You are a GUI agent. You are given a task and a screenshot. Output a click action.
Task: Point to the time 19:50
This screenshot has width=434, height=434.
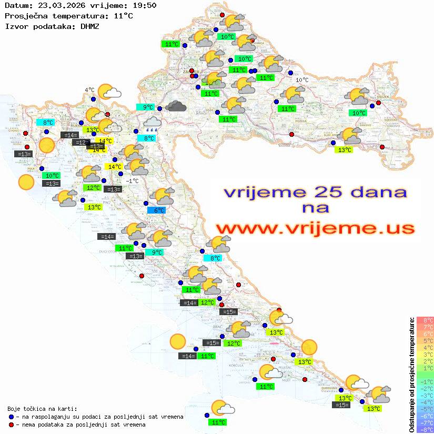pos(144,6)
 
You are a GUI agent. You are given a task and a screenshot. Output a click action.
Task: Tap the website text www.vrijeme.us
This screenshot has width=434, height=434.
pos(315,228)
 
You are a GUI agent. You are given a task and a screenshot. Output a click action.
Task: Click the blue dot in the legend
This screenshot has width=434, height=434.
pos(11,417)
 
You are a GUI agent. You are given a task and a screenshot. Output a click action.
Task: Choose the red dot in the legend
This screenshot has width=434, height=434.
pos(11,425)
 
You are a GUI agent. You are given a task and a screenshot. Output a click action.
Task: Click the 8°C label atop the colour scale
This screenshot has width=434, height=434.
pos(425,320)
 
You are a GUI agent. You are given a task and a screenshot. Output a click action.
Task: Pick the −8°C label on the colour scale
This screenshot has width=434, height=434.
pos(425,429)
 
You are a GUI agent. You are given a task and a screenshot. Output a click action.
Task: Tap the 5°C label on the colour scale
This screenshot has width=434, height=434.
pos(425,341)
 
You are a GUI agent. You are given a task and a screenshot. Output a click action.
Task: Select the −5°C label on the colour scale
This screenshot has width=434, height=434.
pos(425,409)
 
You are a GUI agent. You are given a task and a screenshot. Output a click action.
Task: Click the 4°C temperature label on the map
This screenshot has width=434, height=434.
pos(89,90)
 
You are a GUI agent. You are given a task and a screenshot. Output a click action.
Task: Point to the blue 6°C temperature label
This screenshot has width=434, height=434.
pos(156,210)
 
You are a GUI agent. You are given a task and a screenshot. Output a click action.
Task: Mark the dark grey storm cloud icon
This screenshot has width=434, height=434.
pos(176,107)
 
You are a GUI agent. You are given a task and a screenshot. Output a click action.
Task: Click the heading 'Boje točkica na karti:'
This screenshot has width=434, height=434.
pos(42,408)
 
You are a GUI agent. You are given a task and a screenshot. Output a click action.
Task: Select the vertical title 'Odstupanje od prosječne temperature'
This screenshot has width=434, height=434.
pos(411,375)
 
